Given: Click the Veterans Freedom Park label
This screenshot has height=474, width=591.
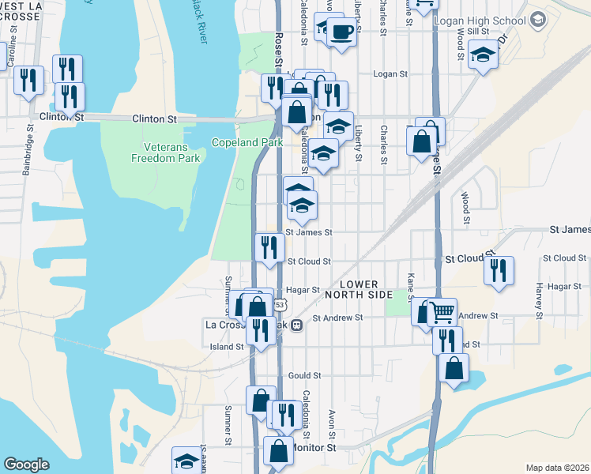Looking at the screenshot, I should pyautogui.click(x=166, y=152).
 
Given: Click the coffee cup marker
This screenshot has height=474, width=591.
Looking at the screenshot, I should pyautogui.click(x=341, y=32).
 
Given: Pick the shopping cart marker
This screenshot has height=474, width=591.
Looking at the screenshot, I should pyautogui.click(x=442, y=312).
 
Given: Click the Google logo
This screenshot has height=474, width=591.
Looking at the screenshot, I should pyautogui.click(x=27, y=465).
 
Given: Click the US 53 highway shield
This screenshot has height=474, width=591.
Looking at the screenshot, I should pyautogui.click(x=280, y=304).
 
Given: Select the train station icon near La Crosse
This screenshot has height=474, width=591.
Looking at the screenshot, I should pyautogui.click(x=297, y=325).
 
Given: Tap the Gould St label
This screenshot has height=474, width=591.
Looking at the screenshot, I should pyautogui.click(x=305, y=375).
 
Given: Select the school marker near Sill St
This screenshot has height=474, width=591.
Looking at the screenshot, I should pyautogui.click(x=483, y=55).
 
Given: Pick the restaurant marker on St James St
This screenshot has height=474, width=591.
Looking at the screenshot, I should pyautogui.click(x=269, y=247).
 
